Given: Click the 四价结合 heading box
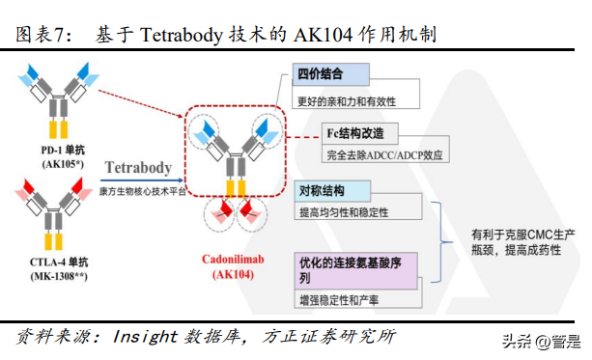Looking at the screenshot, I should [x=331, y=74].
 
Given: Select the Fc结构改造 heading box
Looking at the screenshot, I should [x=360, y=132].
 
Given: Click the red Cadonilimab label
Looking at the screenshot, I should [x=236, y=260].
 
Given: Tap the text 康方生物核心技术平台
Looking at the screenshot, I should [x=141, y=191].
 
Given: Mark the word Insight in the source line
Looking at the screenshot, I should [x=145, y=337].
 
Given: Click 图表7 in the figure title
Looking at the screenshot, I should [x=45, y=35].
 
